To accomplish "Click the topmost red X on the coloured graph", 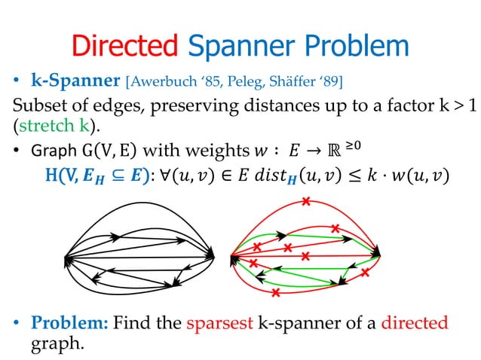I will [305, 202].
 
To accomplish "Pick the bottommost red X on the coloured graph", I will [275, 291].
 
